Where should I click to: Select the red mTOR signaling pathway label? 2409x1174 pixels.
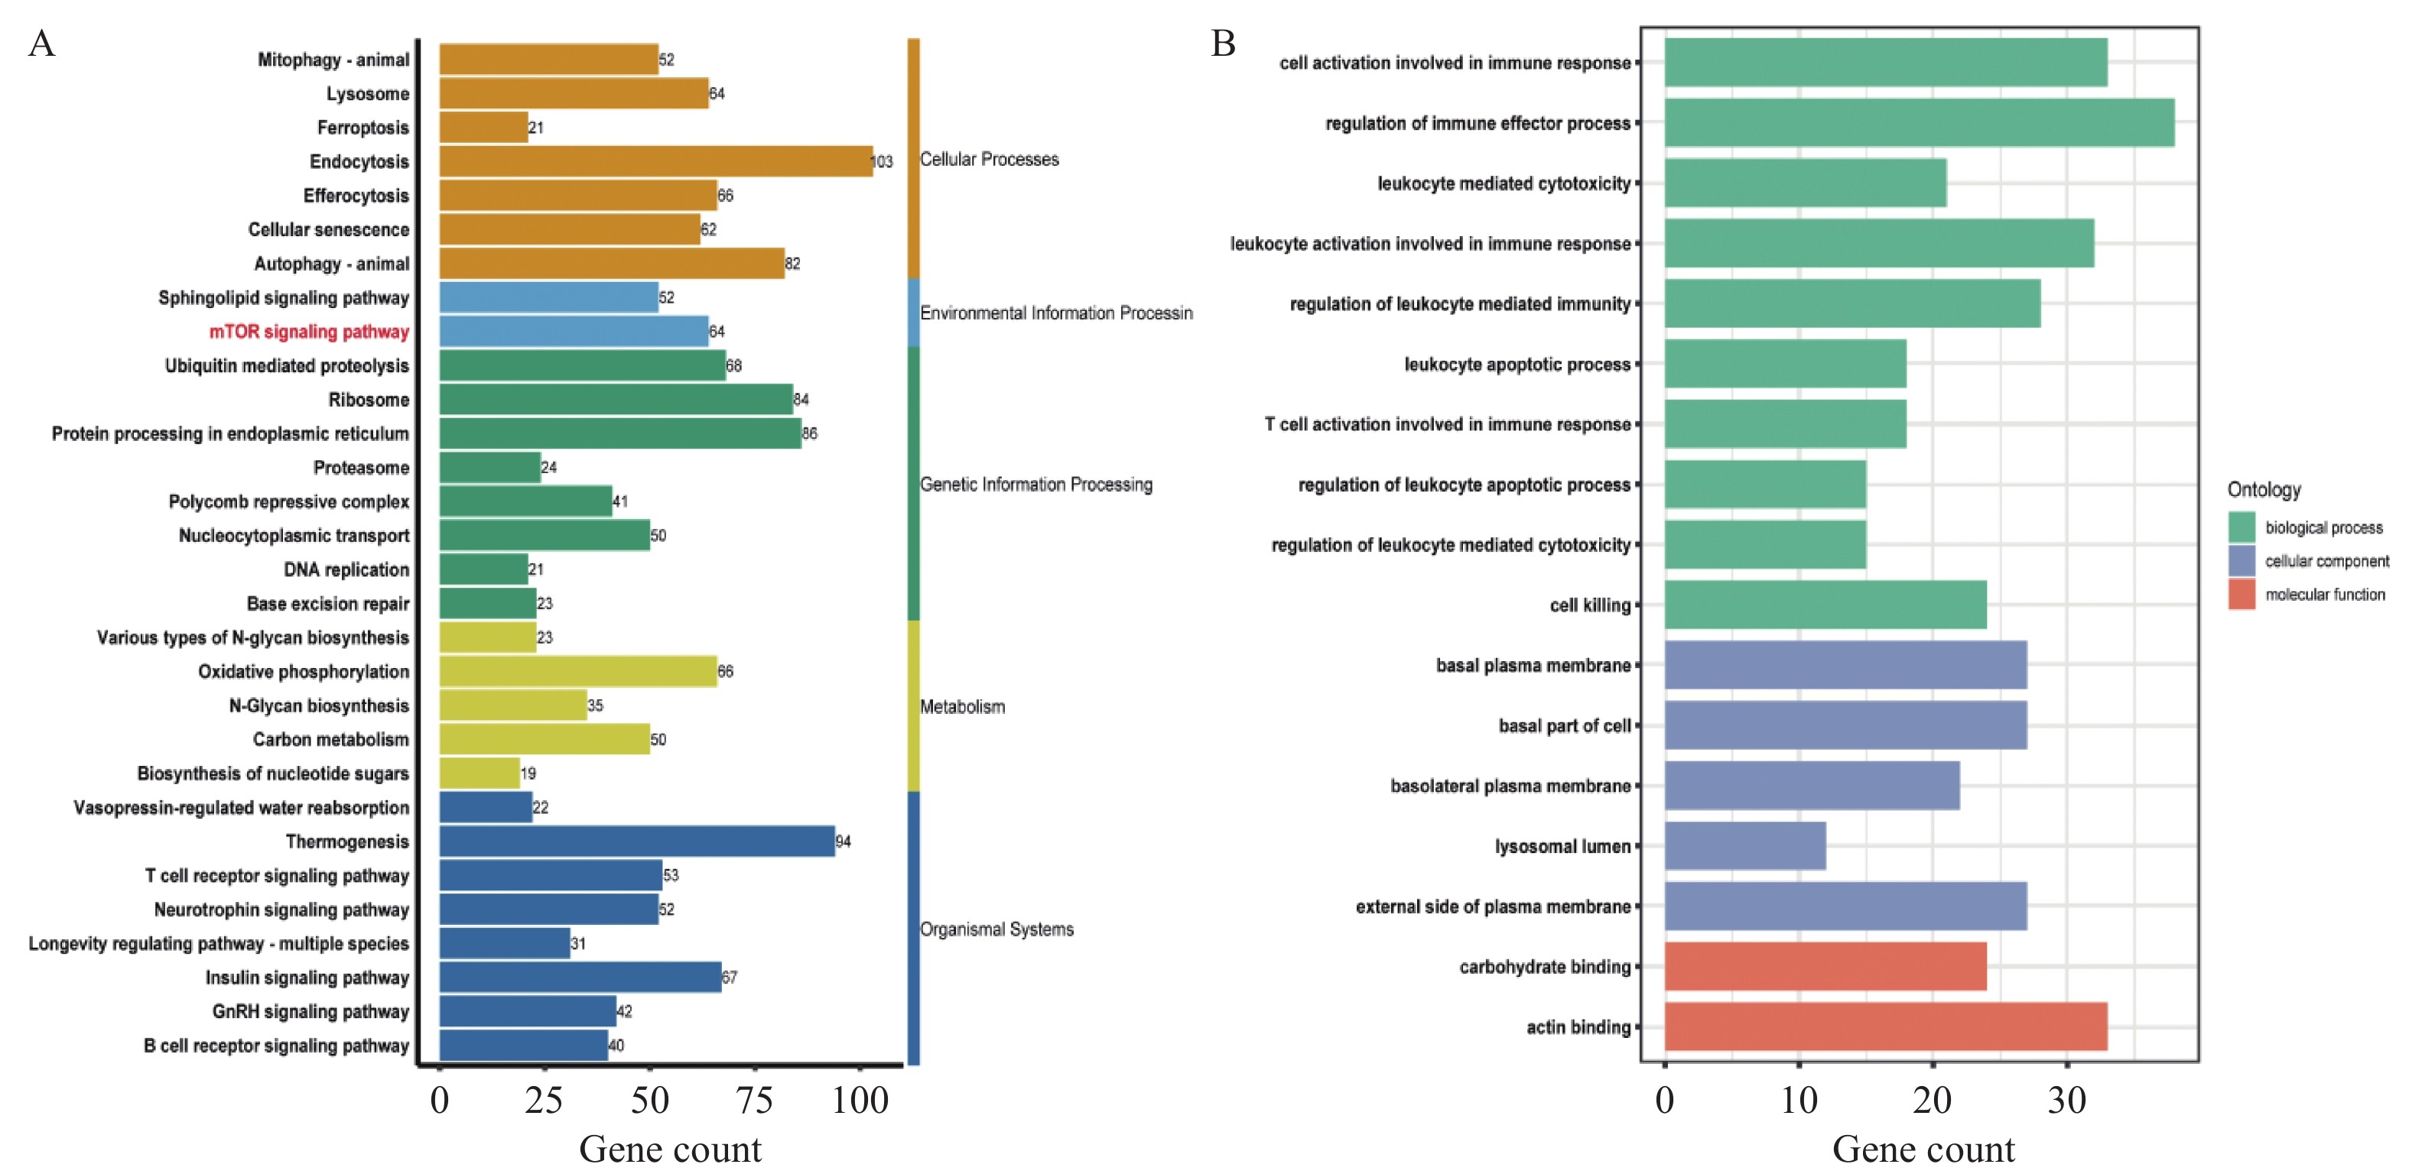(309, 332)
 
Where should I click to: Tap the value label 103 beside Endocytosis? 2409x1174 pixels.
(882, 162)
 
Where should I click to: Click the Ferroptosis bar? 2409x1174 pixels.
(483, 127)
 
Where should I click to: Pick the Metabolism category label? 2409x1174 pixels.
(962, 707)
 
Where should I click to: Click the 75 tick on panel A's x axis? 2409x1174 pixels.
(754, 1100)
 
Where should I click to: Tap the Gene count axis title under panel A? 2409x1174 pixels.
(670, 1149)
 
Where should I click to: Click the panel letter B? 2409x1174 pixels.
(1223, 43)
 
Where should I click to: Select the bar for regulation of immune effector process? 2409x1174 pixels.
(1919, 122)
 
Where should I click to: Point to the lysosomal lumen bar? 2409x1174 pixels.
(1745, 846)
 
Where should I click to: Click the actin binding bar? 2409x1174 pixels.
(1885, 1026)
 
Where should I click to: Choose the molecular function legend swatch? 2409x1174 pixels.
(2242, 595)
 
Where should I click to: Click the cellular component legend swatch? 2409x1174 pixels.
(2242, 561)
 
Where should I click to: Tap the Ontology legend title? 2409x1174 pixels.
(2263, 490)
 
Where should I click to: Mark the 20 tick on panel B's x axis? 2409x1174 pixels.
(1932, 1100)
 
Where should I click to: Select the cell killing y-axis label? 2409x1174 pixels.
(1590, 605)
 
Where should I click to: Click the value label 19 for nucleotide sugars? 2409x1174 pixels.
(528, 773)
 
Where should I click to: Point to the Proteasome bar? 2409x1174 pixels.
(490, 467)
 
